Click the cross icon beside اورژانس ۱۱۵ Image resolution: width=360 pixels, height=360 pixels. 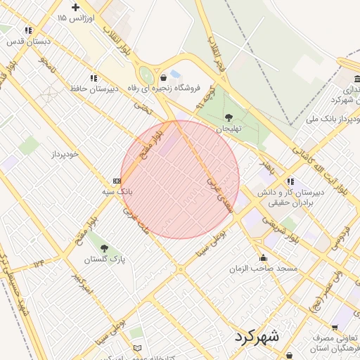click(x=75, y=7)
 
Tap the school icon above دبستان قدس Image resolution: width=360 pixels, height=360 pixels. click(x=28, y=30)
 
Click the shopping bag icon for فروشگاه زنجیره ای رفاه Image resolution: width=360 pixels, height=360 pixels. click(x=164, y=77)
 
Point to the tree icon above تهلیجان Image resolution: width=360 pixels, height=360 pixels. click(x=229, y=117)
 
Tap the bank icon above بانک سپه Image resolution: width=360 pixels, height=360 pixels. click(x=117, y=181)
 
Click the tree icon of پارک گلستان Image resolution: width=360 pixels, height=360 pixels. click(x=105, y=248)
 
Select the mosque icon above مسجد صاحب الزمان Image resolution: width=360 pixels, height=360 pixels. click(x=263, y=257)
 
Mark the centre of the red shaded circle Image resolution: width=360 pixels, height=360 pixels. click(x=180, y=179)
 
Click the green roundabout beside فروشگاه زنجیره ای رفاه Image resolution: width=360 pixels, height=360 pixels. click(x=146, y=75)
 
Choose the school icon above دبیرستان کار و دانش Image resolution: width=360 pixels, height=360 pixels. click(x=289, y=181)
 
